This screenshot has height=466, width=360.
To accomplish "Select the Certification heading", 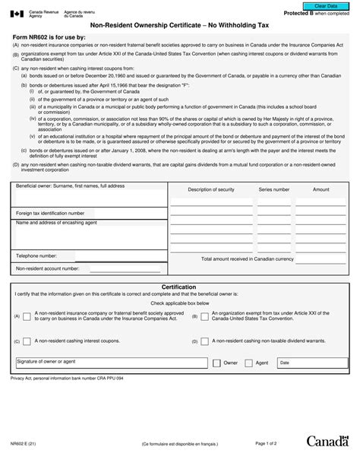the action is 180,287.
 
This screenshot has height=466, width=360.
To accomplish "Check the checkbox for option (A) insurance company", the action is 27,316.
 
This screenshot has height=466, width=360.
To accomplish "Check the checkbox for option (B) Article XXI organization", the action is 204,316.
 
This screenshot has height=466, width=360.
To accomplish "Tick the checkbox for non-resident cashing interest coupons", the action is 27,341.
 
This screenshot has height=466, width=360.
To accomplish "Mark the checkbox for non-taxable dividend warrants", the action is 204,341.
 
